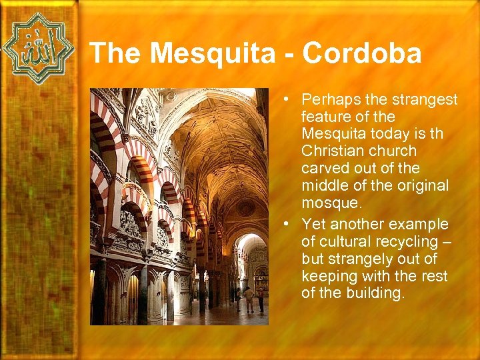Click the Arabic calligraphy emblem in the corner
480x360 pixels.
point(38,48)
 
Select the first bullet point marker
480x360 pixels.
point(285,99)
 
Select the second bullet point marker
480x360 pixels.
point(285,223)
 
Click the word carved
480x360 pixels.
point(323,169)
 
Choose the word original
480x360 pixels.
point(422,186)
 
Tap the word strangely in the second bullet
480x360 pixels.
point(359,259)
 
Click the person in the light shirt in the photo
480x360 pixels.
point(248,298)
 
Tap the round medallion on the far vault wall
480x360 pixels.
point(247,208)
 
